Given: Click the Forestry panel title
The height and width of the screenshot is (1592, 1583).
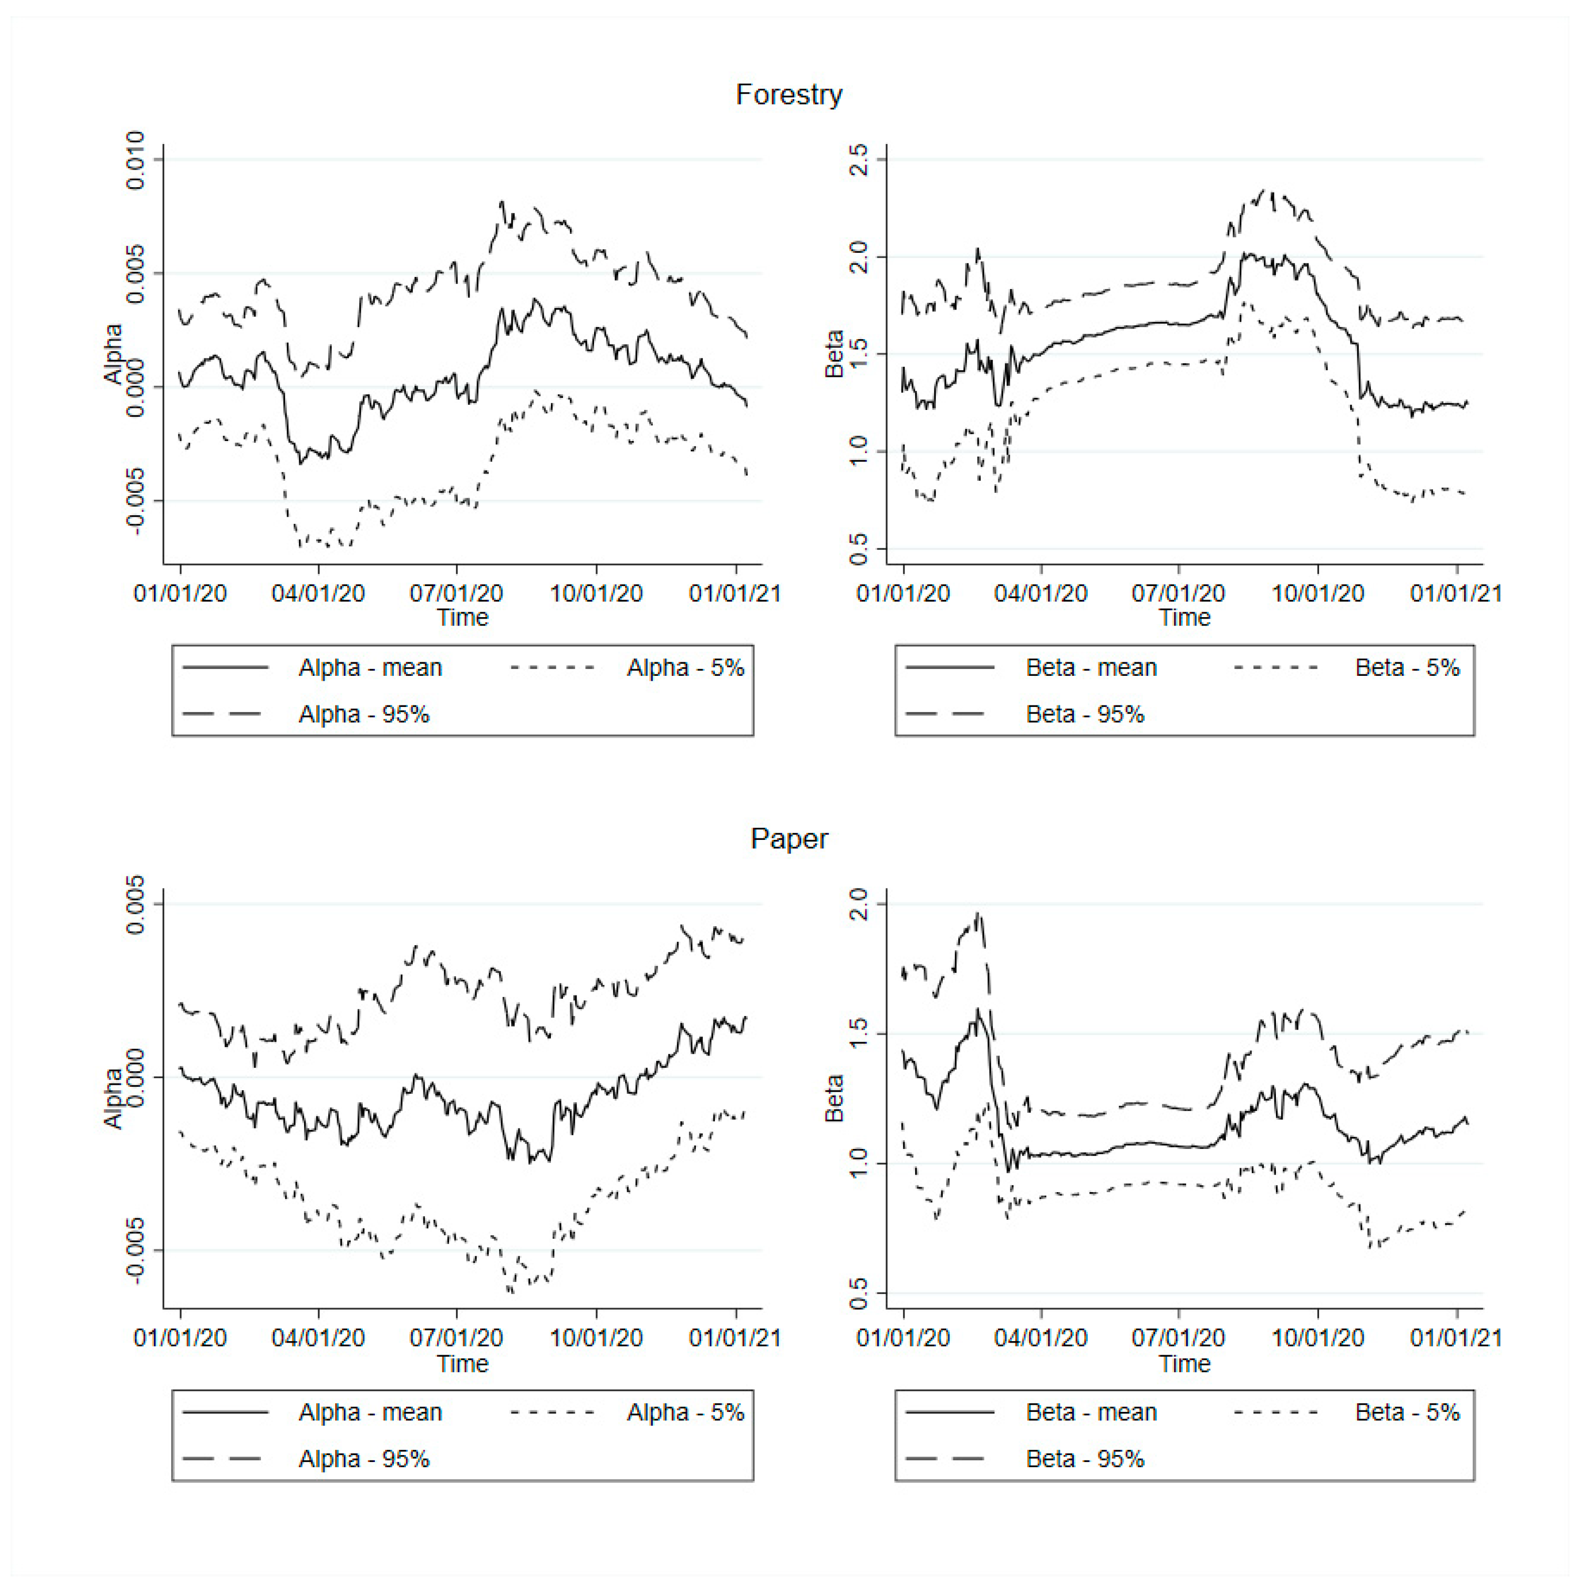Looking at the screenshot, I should tap(789, 95).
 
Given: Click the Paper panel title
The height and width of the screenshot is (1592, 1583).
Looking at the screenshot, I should tap(789, 839).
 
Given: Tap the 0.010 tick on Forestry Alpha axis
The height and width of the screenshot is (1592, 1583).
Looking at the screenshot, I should tap(135, 160).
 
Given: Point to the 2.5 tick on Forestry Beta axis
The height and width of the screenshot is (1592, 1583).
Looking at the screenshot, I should tap(858, 159).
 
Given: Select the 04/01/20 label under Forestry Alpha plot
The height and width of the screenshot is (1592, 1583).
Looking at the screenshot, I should tap(318, 593).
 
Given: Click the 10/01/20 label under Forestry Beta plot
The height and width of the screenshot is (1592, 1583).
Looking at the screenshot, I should tap(1317, 593).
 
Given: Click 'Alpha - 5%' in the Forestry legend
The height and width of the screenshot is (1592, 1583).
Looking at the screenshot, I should tap(685, 667).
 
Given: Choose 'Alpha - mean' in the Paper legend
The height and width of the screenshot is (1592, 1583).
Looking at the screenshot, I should tap(370, 1412).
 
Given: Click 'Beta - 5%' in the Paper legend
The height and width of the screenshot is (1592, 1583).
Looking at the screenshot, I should tap(1407, 1412).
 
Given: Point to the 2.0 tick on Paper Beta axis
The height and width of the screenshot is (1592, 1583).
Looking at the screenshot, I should tap(858, 904).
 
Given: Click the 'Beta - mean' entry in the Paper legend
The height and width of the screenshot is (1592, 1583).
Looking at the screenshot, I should tap(1091, 1412).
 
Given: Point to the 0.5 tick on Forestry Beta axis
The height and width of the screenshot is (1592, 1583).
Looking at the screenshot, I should tap(858, 549).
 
